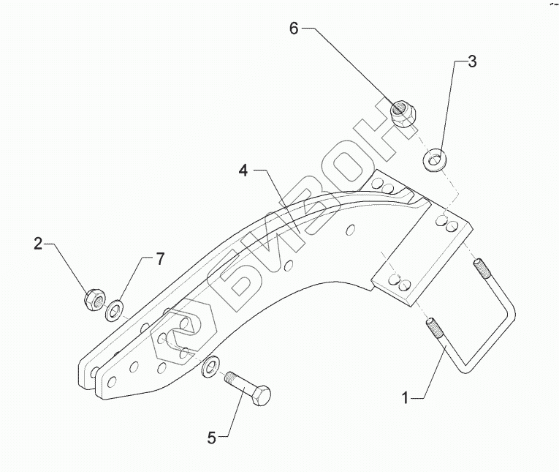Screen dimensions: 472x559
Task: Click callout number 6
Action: [294, 29]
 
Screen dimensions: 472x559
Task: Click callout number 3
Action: [472, 61]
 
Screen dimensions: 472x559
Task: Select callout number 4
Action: [243, 171]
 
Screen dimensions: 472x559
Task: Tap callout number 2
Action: [39, 244]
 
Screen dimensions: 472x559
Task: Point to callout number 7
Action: [159, 258]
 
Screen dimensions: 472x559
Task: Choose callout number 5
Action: [211, 438]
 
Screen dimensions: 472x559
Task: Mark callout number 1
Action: [406, 398]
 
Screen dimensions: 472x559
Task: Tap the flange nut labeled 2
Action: [93, 298]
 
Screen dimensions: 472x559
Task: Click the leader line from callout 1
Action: [431, 373]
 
